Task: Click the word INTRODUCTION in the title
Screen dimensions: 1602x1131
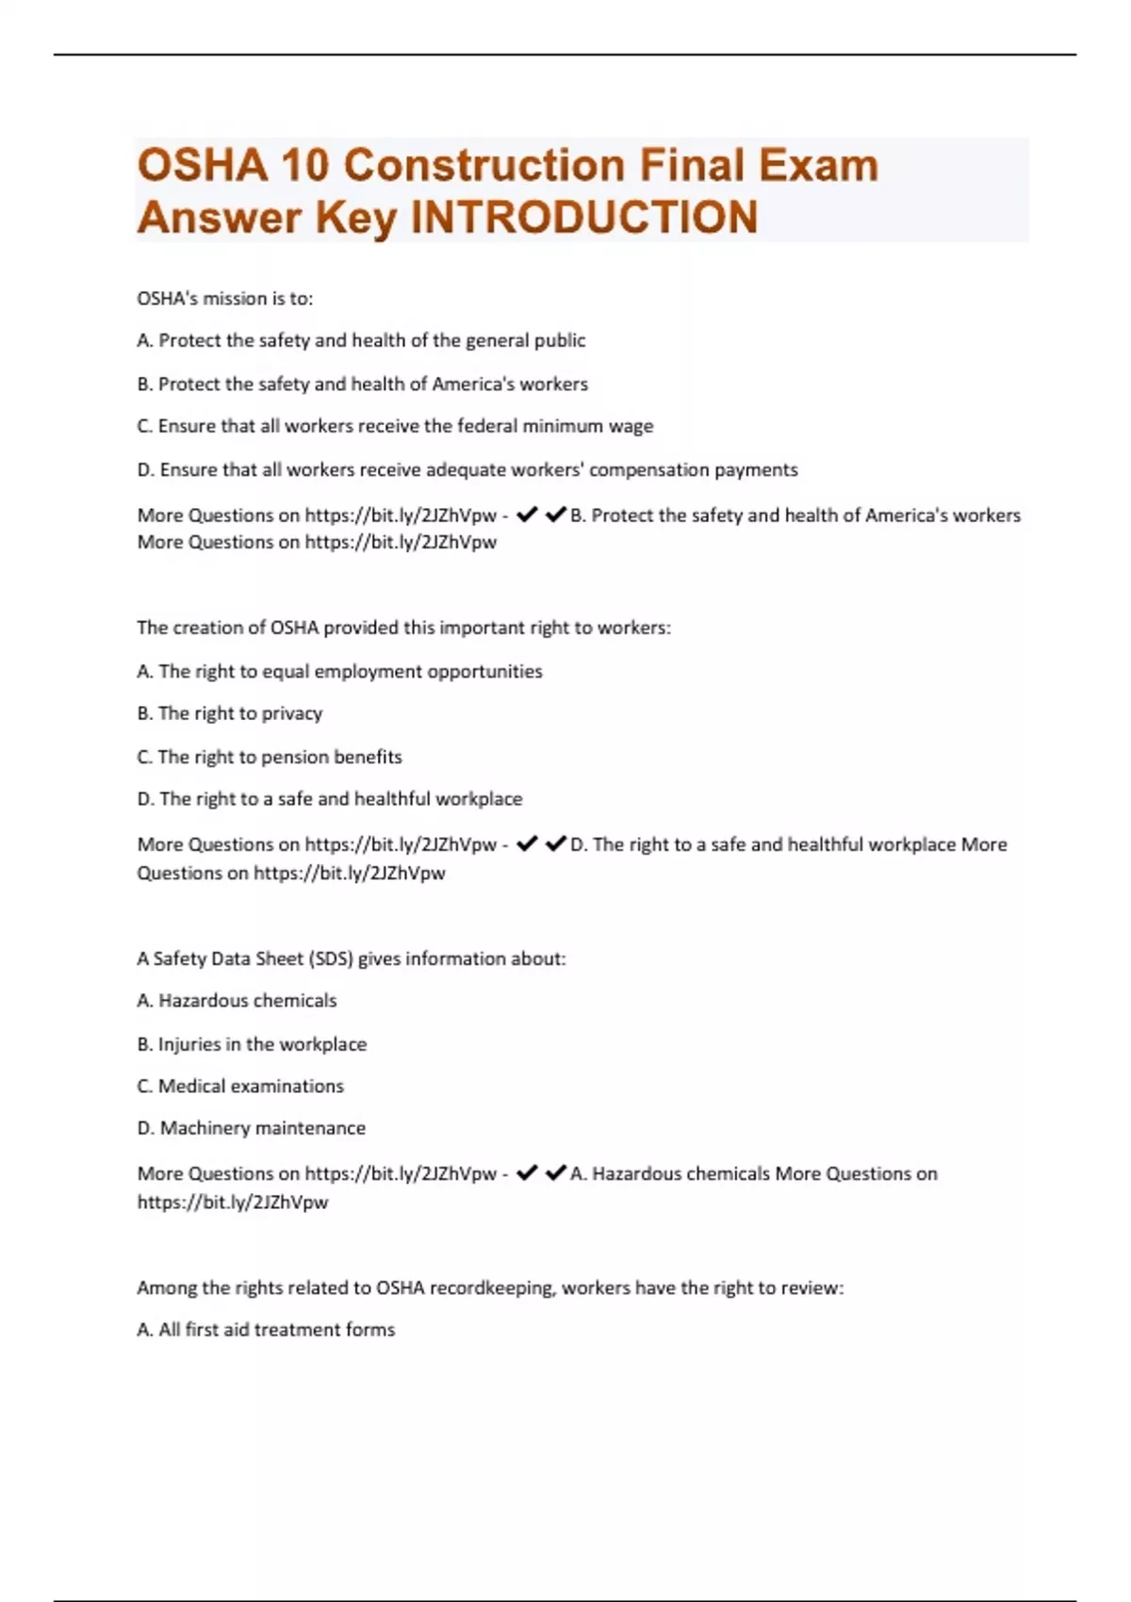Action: click(584, 218)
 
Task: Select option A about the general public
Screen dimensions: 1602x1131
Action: click(361, 340)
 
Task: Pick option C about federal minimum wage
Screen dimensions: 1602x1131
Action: click(395, 426)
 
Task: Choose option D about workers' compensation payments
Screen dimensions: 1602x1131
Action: click(467, 469)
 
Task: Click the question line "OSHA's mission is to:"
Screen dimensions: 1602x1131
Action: click(225, 299)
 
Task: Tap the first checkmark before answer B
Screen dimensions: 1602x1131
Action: click(527, 515)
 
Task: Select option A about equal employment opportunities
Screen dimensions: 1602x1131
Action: click(339, 671)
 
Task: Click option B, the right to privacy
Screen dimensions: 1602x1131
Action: click(230, 713)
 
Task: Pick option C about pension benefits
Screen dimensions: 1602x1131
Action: click(270, 757)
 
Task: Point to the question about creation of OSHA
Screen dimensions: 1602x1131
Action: click(403, 628)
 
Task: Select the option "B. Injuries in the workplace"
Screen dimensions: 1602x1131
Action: click(252, 1044)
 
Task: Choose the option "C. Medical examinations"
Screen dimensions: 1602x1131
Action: click(240, 1086)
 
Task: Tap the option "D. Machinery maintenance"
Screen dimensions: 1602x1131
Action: click(252, 1128)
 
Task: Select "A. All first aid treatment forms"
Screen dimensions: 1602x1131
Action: click(266, 1330)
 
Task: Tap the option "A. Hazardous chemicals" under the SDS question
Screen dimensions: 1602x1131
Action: click(237, 1001)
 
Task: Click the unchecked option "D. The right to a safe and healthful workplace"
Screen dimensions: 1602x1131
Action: click(330, 799)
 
